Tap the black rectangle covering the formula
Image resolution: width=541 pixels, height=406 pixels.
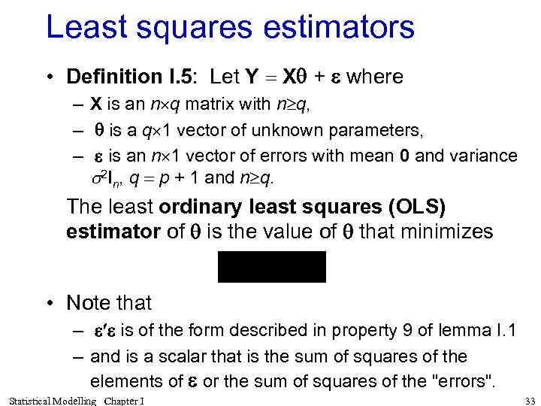point(272,267)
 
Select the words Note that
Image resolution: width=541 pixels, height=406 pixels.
point(109,303)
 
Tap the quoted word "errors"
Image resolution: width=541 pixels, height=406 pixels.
point(458,381)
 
